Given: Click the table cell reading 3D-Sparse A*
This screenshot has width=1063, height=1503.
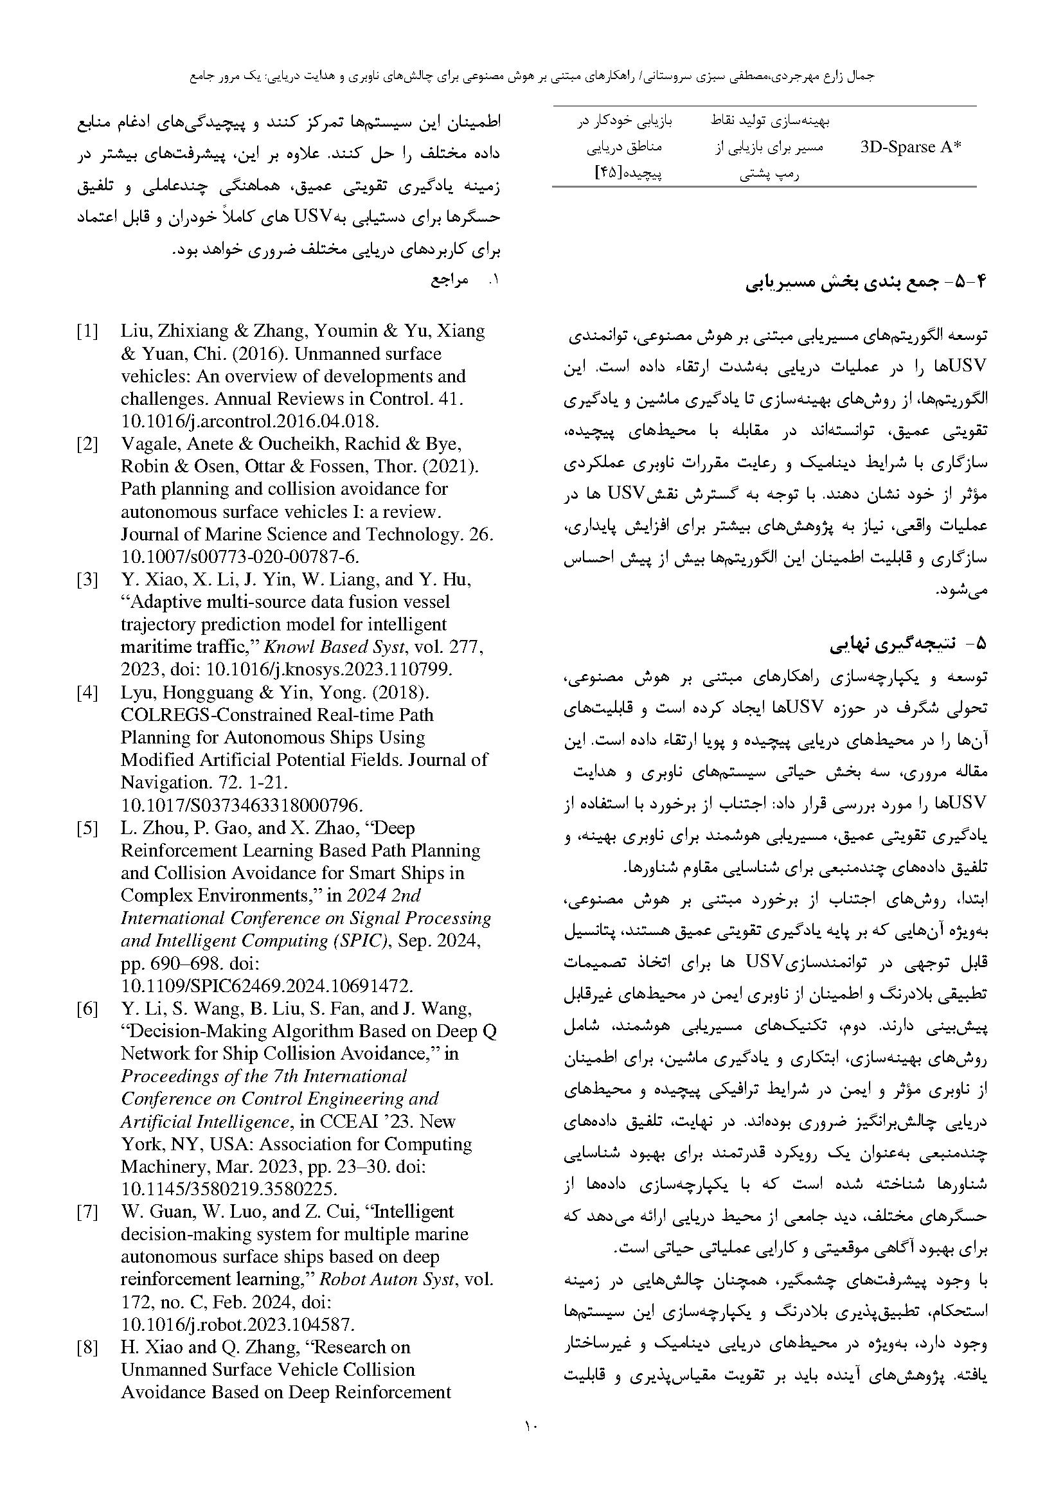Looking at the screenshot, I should click(911, 147).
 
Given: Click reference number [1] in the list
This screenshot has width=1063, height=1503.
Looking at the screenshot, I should click(87, 331).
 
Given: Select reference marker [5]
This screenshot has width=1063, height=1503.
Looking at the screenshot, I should click(87, 828).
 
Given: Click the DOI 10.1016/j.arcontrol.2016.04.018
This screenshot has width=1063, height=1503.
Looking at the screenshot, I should click(249, 421).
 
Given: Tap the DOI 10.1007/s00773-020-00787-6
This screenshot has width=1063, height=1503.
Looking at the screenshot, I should click(240, 556).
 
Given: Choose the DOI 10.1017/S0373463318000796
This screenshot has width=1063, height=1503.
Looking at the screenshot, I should click(242, 805).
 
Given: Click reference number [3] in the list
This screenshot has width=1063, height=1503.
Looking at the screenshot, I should click(87, 580).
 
